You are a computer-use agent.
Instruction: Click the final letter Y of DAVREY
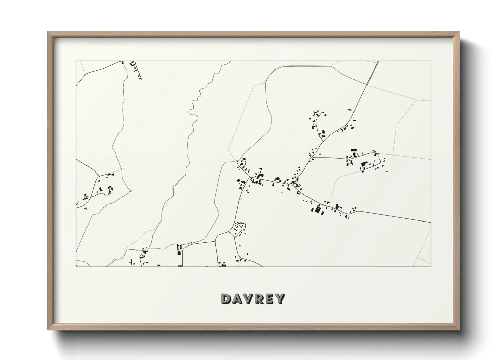coord(280,299)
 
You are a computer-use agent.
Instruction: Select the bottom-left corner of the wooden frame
coord(48,329)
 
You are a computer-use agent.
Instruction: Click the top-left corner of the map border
coord(76,61)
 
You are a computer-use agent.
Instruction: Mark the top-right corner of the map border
coord(431,61)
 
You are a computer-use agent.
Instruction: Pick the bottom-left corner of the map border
coord(76,267)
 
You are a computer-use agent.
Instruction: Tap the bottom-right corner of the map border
coord(431,267)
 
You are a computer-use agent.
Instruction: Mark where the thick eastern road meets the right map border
coord(430,222)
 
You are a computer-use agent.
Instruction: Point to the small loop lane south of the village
coord(236,230)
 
